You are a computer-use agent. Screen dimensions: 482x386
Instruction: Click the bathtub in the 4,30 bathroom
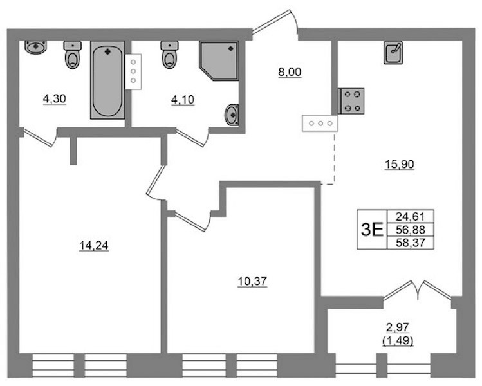coord(107,80)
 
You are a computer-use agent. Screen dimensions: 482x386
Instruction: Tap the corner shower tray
coord(219,60)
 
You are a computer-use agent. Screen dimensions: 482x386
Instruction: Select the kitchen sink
coord(393,53)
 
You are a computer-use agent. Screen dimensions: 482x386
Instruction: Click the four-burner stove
coord(351,101)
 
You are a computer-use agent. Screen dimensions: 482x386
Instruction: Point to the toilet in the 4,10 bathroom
coord(169,55)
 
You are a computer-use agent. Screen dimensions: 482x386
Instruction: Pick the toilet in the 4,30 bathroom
coord(73,55)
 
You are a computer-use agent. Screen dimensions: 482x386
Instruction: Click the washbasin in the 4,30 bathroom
coord(35,48)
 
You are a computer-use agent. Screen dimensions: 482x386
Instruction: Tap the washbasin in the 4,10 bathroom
coord(232,115)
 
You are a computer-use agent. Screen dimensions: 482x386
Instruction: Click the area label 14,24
coord(94,246)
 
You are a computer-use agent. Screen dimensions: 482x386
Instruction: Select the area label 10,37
coord(252,282)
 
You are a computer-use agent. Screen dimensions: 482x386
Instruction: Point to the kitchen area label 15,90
coord(400,165)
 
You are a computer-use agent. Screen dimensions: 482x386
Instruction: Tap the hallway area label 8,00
coord(290,73)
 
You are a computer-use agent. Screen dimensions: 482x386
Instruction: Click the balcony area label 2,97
coord(398,327)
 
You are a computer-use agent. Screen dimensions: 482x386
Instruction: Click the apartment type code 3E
coord(372,230)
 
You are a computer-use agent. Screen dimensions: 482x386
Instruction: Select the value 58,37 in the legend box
coord(411,243)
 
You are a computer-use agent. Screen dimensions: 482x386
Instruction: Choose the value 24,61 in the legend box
coord(411,217)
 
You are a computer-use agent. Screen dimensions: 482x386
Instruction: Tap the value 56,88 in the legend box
coord(411,230)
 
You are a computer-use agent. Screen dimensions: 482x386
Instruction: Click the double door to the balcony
coord(418,290)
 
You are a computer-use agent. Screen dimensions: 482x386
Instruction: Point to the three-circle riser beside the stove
coord(320,124)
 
